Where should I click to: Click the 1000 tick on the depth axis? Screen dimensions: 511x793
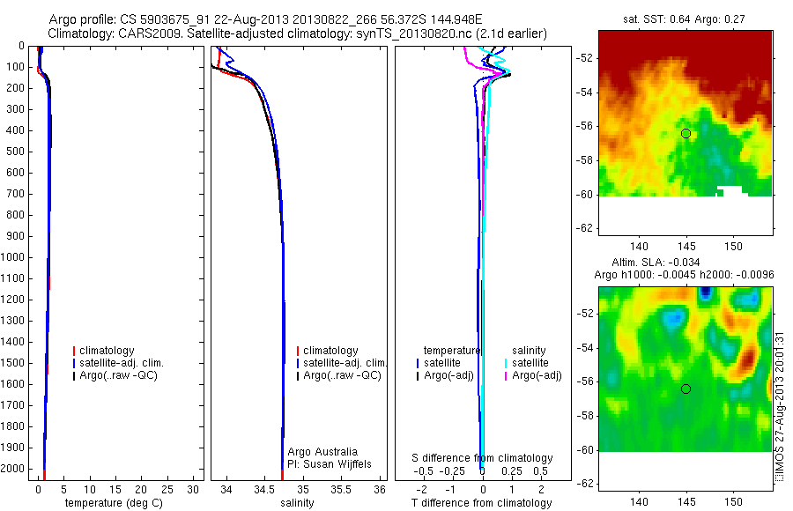(17, 257)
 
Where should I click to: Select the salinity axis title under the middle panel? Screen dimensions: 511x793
(296, 503)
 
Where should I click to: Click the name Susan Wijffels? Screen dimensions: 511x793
(330, 464)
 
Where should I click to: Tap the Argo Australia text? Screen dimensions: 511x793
(322, 452)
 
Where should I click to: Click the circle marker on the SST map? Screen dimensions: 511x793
(686, 133)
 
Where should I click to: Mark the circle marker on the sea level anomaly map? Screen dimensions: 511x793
(686, 389)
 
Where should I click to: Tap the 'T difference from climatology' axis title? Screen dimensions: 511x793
(482, 503)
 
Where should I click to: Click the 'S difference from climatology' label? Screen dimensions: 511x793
(482, 458)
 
